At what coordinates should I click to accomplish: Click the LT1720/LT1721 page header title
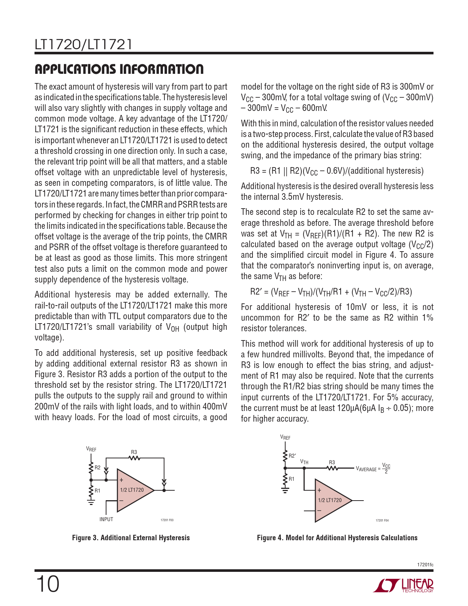click(83, 44)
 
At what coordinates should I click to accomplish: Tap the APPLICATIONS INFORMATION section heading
click(119, 69)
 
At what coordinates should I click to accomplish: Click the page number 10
click(48, 584)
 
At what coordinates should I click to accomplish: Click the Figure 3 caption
click(131, 538)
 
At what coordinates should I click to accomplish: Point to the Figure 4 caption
click(337, 538)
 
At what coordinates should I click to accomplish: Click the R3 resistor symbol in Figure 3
click(134, 458)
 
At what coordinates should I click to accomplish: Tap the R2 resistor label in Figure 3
click(98, 468)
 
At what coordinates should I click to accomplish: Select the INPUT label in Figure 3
click(106, 519)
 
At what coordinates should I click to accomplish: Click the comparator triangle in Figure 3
click(134, 490)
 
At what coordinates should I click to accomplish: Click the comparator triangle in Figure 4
click(332, 500)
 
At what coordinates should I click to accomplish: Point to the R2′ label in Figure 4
click(292, 456)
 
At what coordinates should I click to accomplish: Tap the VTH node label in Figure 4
click(304, 462)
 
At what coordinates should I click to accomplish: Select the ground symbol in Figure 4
click(285, 490)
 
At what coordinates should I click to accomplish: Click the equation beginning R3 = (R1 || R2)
click(337, 171)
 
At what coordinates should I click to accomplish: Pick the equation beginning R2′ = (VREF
click(331, 292)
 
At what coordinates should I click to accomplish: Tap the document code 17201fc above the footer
click(425, 564)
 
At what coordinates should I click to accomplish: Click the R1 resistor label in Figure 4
click(291, 479)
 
